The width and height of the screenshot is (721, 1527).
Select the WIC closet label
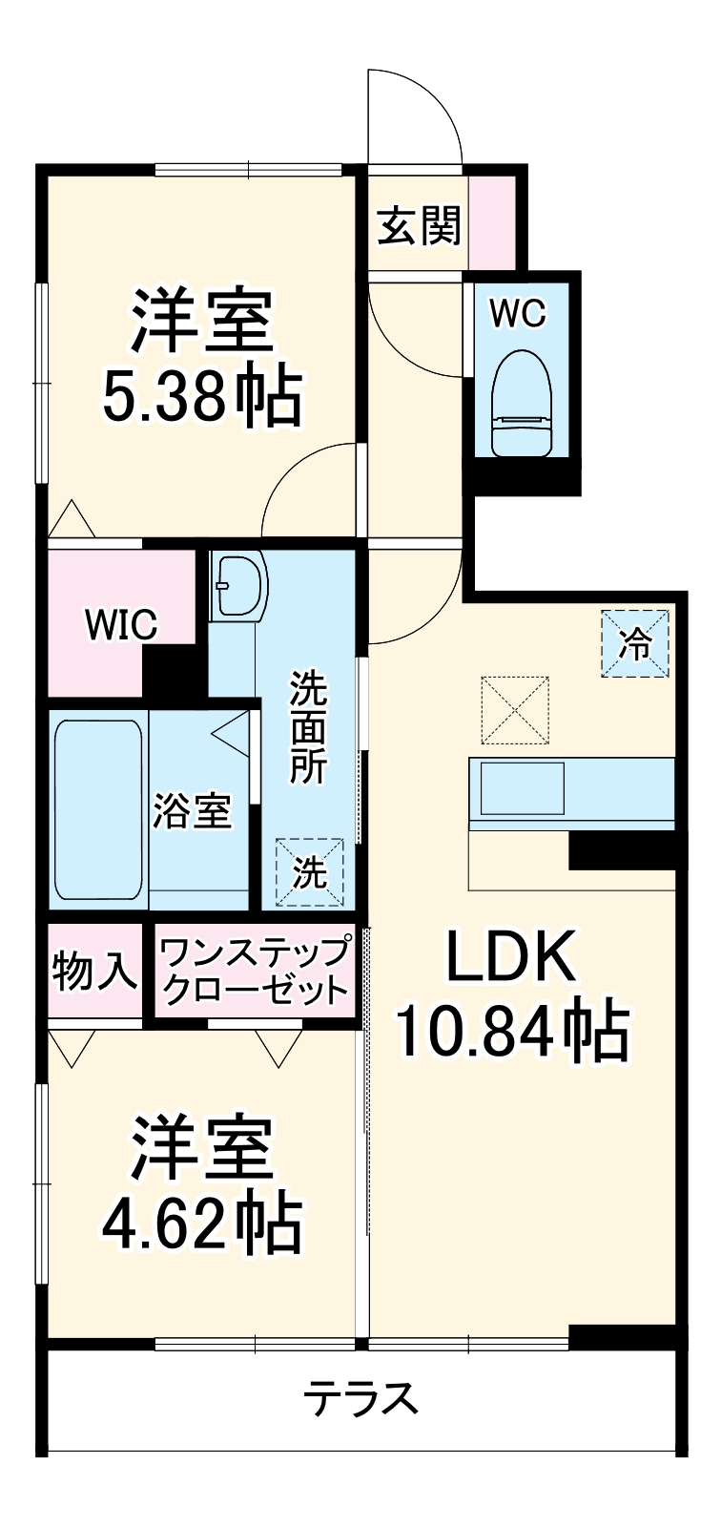tap(121, 625)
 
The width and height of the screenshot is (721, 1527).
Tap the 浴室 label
tap(193, 811)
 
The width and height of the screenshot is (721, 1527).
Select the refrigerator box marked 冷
tap(635, 644)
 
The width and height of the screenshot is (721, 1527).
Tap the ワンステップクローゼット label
tap(255, 971)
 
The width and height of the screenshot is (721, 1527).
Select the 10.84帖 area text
tap(512, 1031)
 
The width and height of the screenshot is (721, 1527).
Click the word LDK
tap(512, 957)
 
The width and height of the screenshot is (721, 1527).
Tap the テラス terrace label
tap(361, 1398)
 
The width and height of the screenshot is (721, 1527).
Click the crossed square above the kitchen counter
tap(515, 709)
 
